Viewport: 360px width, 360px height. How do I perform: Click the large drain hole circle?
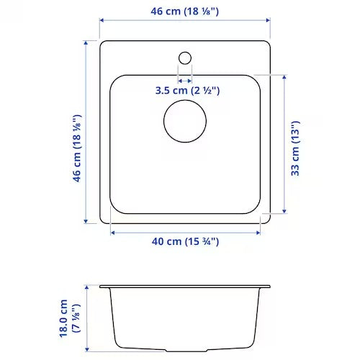[184, 120]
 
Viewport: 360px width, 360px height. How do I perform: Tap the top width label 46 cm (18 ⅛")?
[184, 12]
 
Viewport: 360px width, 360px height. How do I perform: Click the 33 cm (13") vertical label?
[295, 148]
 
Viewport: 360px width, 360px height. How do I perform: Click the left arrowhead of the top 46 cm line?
[102, 22]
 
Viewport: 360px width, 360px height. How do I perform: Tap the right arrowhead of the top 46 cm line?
[269, 22]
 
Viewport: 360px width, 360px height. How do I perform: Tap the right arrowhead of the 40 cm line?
[257, 232]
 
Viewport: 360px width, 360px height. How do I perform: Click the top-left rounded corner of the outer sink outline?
[103, 44]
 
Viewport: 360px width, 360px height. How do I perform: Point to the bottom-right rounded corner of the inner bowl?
[254, 210]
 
